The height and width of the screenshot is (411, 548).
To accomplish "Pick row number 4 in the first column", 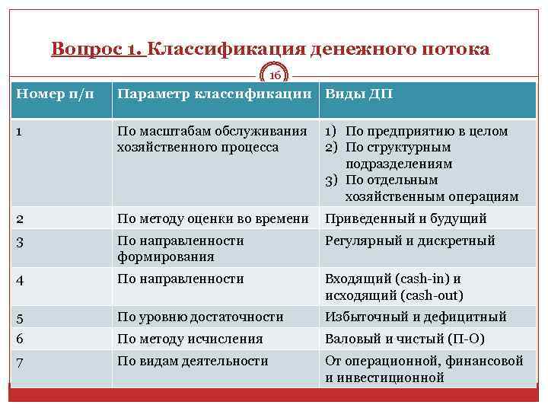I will point(20,279).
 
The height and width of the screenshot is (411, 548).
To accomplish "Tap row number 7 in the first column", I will point(20,362).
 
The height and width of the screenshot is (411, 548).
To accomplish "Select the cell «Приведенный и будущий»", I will point(406,218).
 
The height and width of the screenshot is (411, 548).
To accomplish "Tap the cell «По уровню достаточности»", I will point(200,317).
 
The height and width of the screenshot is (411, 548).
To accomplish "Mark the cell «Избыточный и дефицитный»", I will point(416,317).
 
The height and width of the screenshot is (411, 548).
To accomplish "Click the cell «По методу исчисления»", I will point(190,339).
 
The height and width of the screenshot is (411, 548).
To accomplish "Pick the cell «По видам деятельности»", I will point(193,361).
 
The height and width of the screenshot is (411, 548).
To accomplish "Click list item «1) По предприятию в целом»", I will point(416,131).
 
